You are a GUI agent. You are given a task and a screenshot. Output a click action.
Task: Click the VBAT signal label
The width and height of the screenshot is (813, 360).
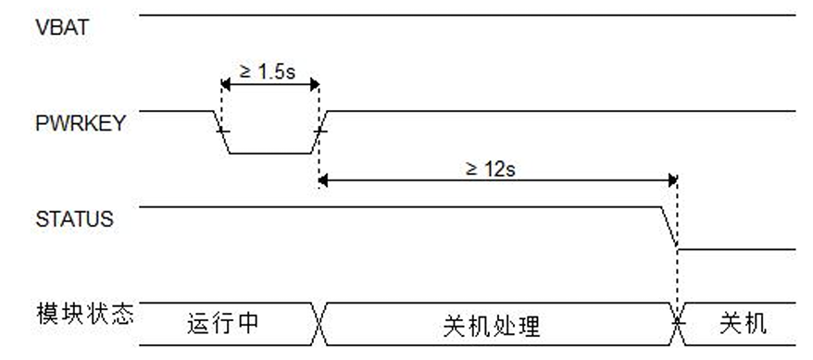[x=62, y=27]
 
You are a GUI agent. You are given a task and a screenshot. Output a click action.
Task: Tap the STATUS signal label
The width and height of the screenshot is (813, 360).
[x=74, y=219]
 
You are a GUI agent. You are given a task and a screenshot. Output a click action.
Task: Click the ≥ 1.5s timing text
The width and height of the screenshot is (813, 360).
[x=269, y=71]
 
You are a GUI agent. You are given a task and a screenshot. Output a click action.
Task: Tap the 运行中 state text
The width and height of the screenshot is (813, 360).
[x=222, y=325]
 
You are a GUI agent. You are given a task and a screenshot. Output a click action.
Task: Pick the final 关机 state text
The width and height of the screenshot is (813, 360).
[x=743, y=325]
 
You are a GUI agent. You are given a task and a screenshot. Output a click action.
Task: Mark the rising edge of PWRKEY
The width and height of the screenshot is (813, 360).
[x=319, y=131]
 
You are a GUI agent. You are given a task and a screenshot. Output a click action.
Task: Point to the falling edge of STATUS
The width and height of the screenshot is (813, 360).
[x=670, y=228]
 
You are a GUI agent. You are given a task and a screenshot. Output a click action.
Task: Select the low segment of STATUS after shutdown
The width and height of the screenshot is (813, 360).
[x=735, y=249]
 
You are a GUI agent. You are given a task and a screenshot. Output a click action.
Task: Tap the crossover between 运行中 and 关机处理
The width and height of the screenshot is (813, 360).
[x=320, y=324]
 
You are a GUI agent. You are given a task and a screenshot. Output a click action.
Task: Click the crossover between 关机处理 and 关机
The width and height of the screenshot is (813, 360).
[x=678, y=324]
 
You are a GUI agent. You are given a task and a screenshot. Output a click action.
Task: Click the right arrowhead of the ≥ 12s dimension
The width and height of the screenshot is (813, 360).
[x=671, y=180]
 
